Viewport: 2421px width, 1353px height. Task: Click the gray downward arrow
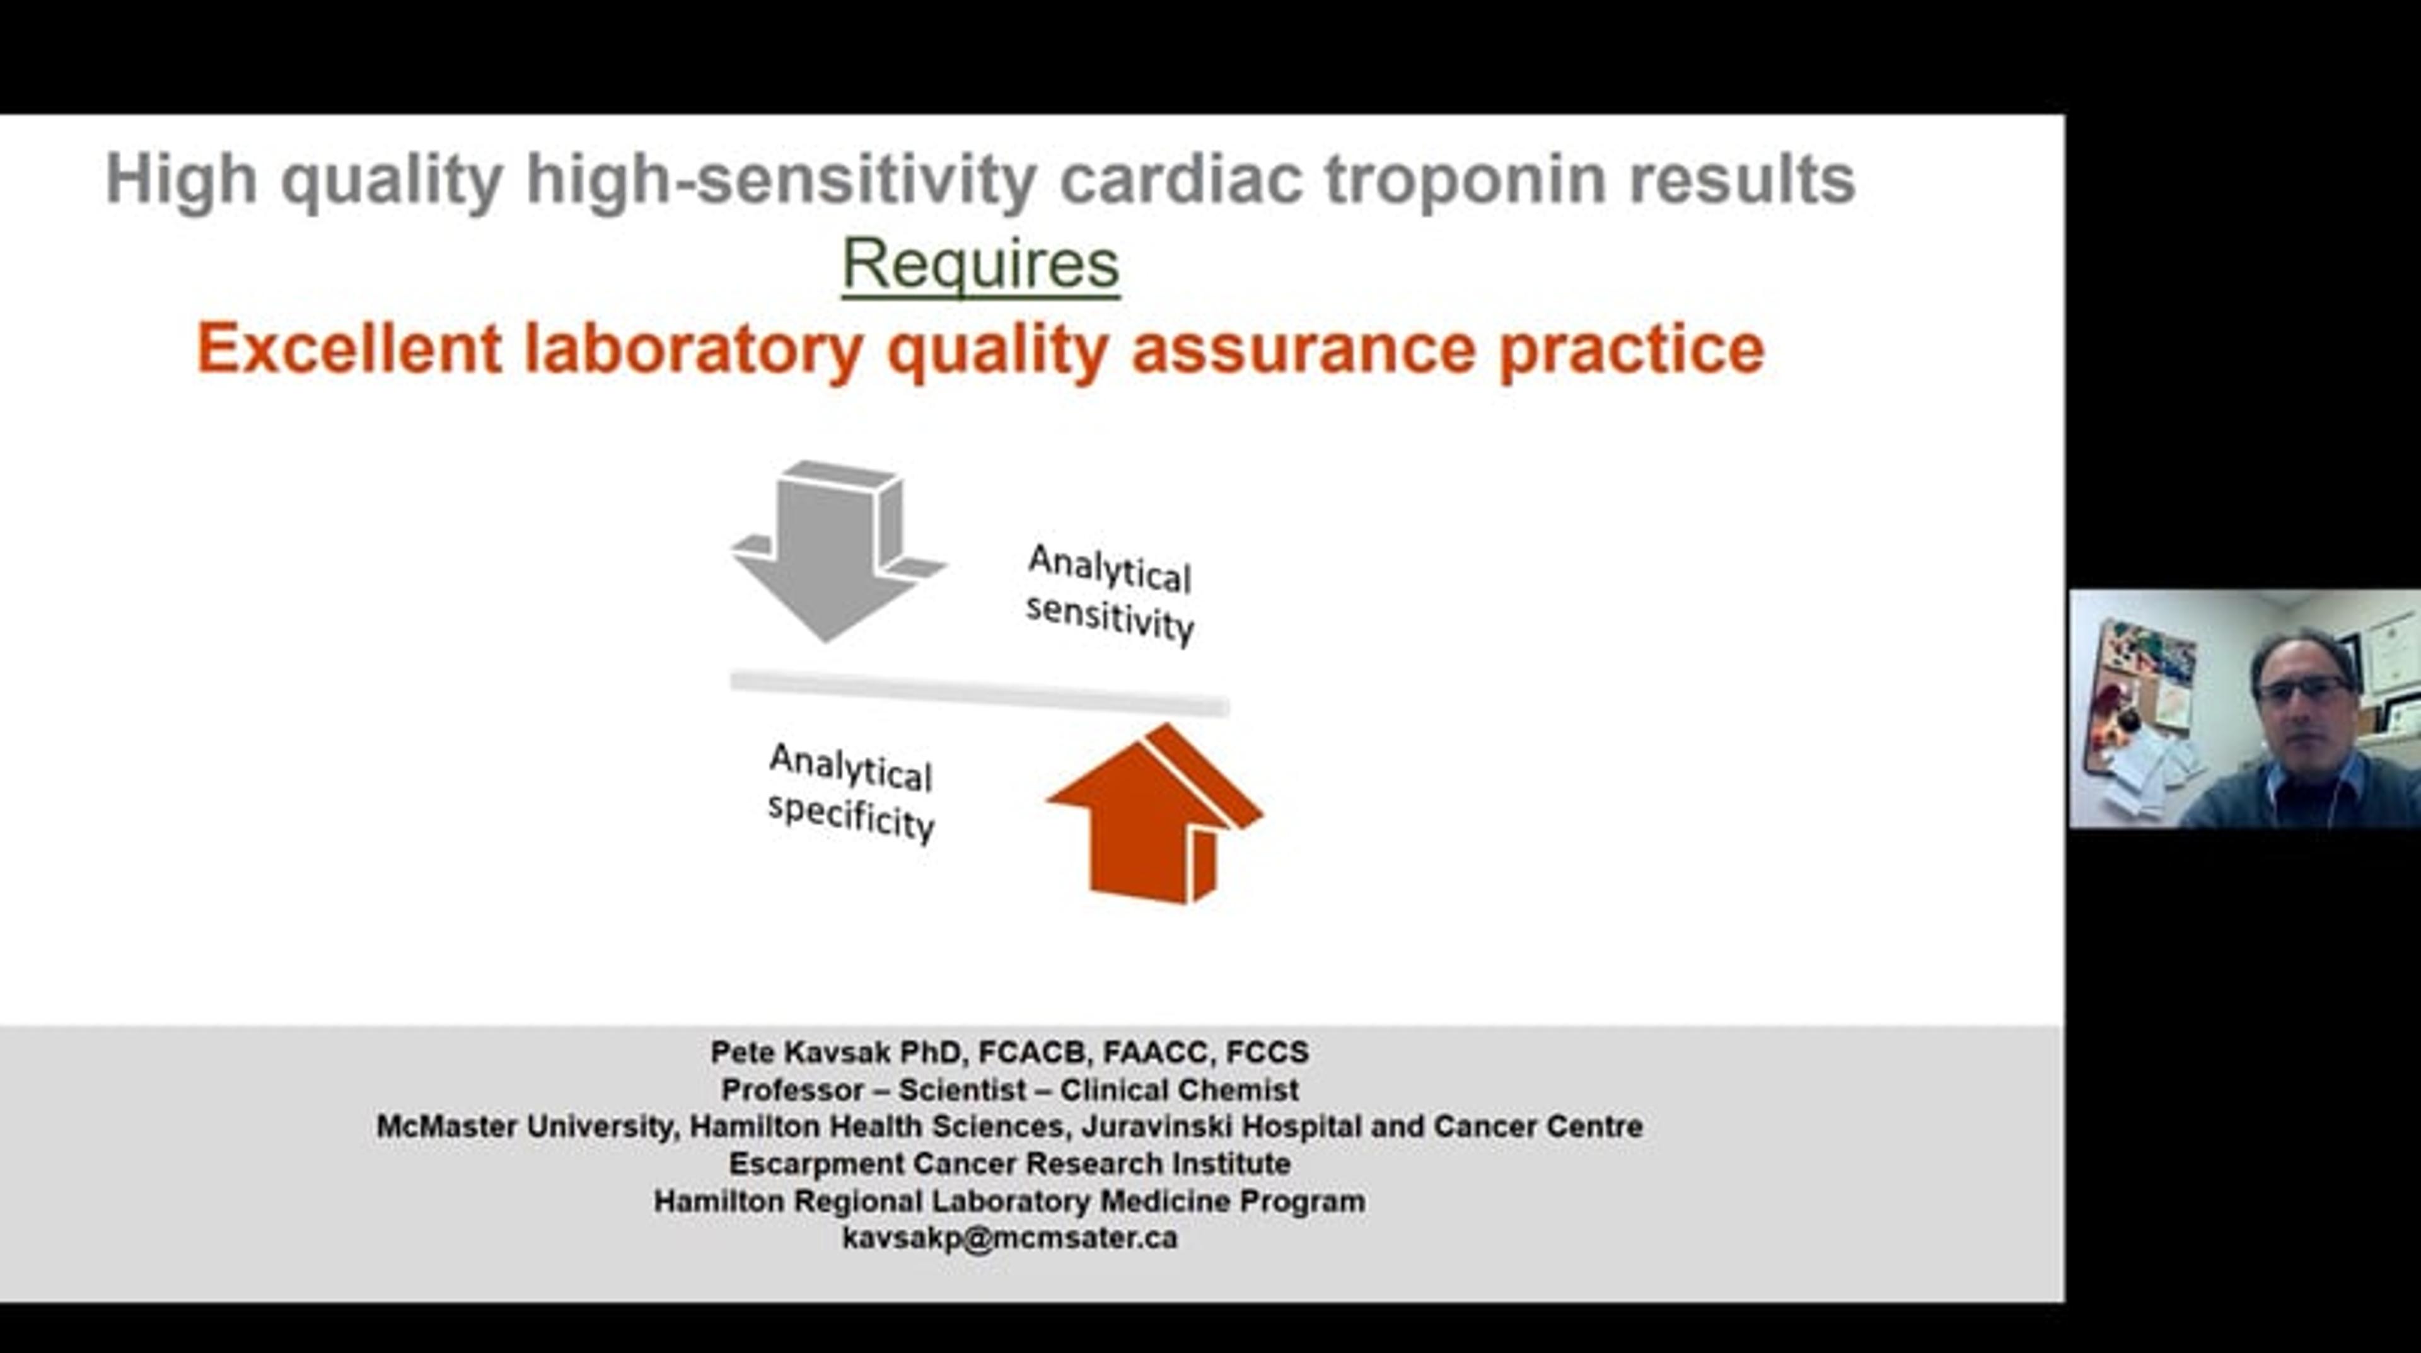837,550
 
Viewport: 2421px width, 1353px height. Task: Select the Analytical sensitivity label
1110,594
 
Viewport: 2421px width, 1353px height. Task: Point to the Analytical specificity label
852,793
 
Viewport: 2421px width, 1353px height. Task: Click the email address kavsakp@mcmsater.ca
1009,1238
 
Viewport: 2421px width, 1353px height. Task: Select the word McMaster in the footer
446,1127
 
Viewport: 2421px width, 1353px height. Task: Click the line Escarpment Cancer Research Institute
1009,1163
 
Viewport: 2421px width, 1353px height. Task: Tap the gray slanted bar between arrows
979,693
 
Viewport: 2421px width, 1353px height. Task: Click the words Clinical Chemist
1180,1090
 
